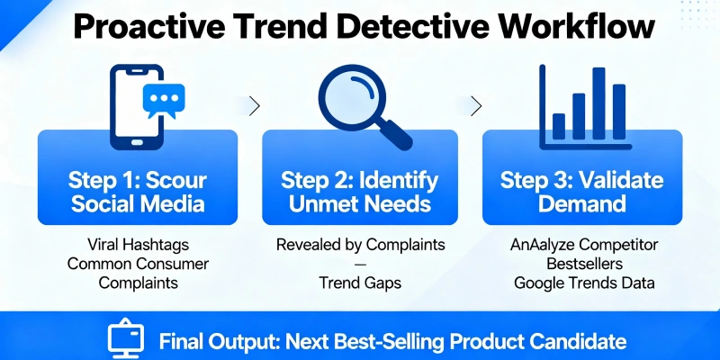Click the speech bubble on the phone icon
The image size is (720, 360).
pos(163,98)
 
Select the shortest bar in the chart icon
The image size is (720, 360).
pos(559,126)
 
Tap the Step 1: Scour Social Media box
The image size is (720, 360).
pos(137,176)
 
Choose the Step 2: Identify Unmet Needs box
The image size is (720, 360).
pos(360,176)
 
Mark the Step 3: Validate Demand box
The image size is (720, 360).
pos(580,176)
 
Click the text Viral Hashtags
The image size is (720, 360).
pos(138,246)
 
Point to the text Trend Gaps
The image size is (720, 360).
pos(359,282)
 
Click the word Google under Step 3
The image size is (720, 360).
pos(538,282)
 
